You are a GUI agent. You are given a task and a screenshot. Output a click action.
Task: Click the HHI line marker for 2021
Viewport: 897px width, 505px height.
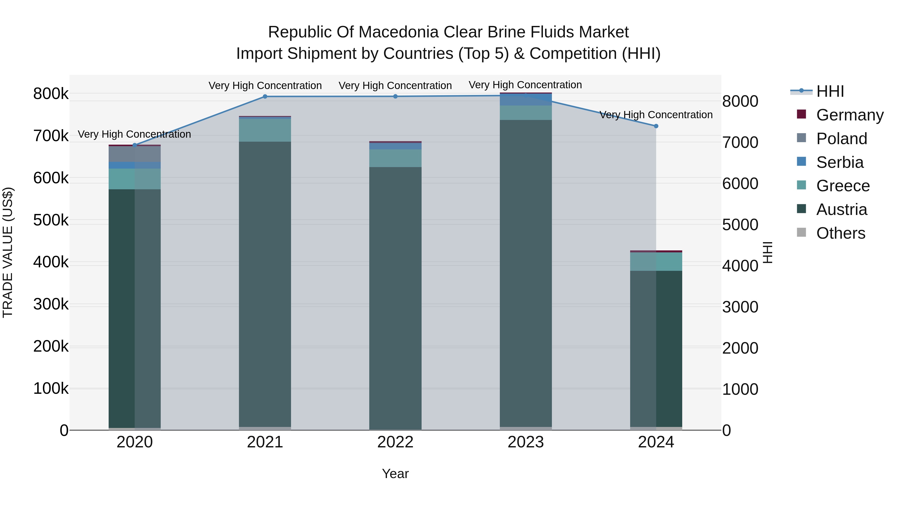(265, 97)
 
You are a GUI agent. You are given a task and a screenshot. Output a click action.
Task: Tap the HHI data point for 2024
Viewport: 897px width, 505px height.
(656, 126)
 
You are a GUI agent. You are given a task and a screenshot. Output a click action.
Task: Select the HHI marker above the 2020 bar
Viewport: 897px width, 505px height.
(135, 145)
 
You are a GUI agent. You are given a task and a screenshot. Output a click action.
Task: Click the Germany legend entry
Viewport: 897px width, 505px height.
(850, 115)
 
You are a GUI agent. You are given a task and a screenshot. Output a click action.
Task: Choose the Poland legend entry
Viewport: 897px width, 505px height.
(841, 138)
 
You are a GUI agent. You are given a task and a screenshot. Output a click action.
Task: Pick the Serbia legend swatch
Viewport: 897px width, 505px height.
(801, 162)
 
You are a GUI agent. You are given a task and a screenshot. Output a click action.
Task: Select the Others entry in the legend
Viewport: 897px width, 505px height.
(841, 233)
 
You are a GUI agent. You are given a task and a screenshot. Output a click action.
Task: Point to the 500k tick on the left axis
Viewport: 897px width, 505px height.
(51, 220)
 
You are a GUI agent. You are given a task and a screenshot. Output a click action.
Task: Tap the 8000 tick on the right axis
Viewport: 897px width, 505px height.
(740, 101)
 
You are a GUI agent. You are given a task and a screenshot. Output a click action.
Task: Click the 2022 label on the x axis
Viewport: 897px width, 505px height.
(395, 442)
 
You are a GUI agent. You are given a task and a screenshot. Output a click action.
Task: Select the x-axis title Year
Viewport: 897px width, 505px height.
(395, 474)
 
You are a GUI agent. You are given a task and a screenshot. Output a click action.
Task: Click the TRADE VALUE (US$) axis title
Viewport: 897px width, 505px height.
(8, 252)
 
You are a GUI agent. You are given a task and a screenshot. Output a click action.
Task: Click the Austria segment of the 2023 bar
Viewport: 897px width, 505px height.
(526, 272)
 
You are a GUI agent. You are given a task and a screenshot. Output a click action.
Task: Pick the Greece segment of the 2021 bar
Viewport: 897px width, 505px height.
(265, 130)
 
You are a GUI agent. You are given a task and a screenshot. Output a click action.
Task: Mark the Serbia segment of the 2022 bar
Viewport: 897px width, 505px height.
(395, 146)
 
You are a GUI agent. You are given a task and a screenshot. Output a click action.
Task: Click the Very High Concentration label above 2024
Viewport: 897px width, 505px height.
(656, 115)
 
